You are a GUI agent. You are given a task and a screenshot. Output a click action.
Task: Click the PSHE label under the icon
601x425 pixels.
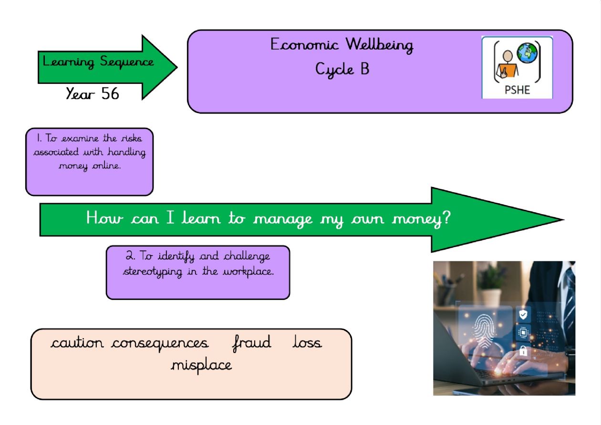click(x=517, y=90)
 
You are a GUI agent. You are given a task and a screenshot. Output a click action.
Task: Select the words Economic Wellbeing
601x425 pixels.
click(x=342, y=45)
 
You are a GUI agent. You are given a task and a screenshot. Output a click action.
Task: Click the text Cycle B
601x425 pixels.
click(x=342, y=70)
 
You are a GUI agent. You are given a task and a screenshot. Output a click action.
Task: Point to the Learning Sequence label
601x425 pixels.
click(x=98, y=62)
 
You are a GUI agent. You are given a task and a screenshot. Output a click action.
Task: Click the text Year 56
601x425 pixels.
click(x=93, y=93)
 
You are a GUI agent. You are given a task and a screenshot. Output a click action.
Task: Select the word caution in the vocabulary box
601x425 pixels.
click(x=77, y=343)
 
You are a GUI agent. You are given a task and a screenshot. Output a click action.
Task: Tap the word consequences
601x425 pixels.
click(x=160, y=343)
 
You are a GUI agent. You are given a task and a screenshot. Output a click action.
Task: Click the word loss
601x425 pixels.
click(x=307, y=342)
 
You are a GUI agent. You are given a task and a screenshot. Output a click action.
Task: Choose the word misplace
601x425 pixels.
click(x=201, y=365)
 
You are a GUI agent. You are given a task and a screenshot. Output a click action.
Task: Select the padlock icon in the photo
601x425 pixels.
click(x=523, y=351)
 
